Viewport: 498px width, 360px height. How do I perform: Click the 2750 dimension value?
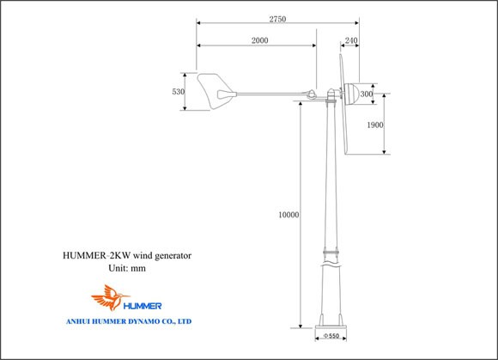tap(277, 19)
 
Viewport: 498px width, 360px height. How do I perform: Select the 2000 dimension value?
tap(260, 40)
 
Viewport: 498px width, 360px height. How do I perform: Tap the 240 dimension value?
tap(351, 40)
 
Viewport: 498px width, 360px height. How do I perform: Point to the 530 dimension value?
tap(179, 92)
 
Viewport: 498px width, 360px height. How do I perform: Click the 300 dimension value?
tap(367, 94)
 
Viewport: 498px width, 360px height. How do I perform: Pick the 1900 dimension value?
tap(375, 125)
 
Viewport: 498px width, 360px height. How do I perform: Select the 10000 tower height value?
tap(288, 215)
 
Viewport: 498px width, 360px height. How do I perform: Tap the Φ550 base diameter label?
tap(331, 336)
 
